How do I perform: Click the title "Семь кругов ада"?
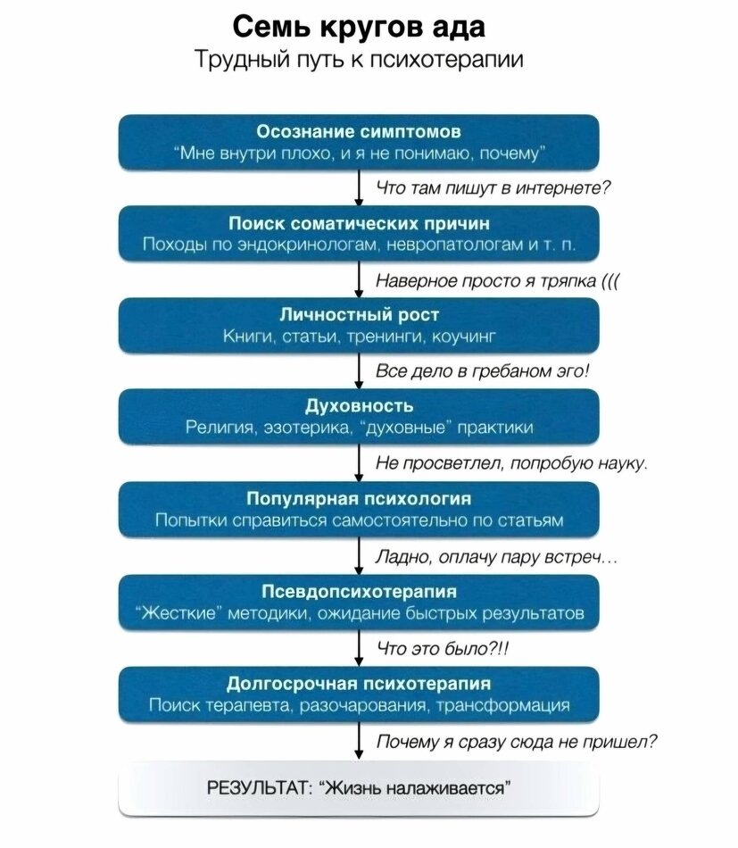[x=359, y=27]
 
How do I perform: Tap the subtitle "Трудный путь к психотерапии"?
[x=359, y=61]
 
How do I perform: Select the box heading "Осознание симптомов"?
[x=359, y=132]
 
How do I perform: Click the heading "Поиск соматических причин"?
[x=359, y=224]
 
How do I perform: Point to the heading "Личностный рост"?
[x=359, y=315]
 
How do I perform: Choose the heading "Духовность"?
[x=359, y=407]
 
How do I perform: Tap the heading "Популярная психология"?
[x=359, y=499]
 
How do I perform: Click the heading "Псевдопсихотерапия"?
[x=359, y=591]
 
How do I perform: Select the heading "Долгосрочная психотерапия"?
[x=359, y=684]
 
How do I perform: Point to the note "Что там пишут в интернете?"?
[x=493, y=187]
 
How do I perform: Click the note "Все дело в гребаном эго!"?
[x=483, y=371]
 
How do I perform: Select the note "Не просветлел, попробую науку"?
[x=511, y=463]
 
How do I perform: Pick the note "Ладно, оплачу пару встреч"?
[x=496, y=557]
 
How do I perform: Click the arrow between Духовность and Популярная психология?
[x=358, y=463]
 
